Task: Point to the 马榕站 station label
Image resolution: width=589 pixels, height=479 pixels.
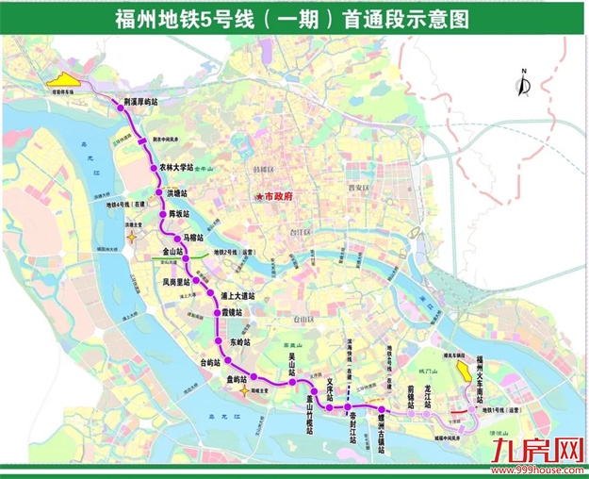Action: pyautogui.click(x=192, y=239)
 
